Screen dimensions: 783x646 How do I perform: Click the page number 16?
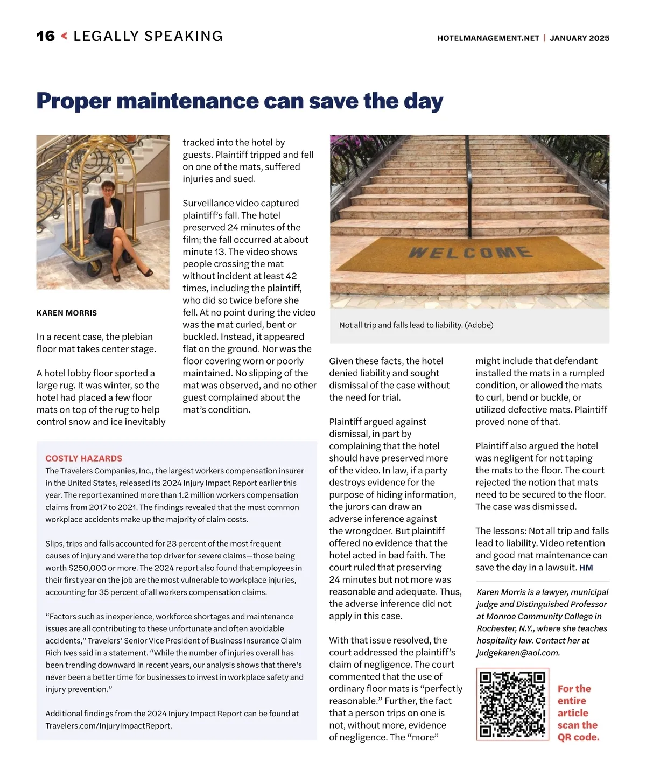coord(46,36)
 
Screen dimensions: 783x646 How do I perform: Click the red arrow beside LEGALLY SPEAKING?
coord(65,36)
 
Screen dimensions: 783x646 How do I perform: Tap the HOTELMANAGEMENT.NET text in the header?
coord(488,38)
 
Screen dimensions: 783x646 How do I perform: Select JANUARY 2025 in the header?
coord(579,38)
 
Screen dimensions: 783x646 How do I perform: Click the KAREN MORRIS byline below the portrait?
coord(67,313)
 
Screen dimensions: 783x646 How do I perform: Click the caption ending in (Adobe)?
coord(416,325)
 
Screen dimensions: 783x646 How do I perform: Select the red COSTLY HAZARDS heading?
coord(83,458)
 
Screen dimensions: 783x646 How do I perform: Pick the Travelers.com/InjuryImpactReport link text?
coord(109,726)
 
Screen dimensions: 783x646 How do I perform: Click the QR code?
coord(512,704)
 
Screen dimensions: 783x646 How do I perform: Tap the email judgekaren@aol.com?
coord(518,653)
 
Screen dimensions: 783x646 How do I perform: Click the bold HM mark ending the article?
coord(586,568)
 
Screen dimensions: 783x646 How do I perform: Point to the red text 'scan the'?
coord(577,725)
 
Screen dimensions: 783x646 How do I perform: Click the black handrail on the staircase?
coord(469,172)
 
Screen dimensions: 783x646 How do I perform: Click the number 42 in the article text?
coord(291,276)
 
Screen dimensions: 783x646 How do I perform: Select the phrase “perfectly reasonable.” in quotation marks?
coord(396,695)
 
